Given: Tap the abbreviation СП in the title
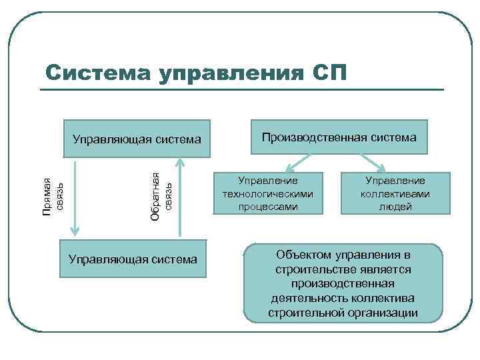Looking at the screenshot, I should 329,71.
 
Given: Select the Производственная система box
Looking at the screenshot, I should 339,137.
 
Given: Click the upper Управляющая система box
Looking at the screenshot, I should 137,139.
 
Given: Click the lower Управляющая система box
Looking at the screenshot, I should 133,258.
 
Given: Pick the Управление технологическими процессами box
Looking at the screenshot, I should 269,193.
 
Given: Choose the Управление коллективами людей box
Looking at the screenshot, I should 395,193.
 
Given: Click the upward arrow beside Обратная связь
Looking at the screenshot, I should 179,197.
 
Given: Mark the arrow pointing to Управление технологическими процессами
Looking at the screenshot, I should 297,162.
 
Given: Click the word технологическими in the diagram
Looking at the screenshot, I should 269,193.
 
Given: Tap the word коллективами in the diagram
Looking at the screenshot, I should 395,193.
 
